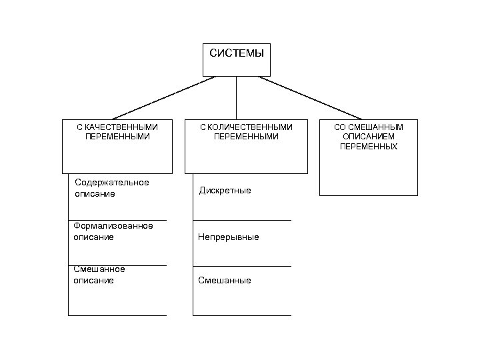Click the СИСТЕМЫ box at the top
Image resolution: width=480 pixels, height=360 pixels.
click(237, 60)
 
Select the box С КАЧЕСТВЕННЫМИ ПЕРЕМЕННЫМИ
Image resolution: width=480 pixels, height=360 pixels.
click(117, 147)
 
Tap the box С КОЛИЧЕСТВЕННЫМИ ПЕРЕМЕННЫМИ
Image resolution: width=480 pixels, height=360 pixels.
click(246, 147)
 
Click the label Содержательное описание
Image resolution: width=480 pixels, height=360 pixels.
click(111, 188)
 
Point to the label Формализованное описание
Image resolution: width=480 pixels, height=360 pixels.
click(113, 231)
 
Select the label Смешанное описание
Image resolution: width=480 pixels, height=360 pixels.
click(99, 275)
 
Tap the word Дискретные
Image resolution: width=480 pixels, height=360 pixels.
click(225, 191)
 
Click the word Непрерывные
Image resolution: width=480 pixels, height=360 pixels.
click(229, 237)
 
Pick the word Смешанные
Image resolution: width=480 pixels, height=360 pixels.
click(225, 281)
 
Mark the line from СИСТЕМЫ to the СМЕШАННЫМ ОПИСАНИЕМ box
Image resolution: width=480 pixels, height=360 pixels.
click(310, 97)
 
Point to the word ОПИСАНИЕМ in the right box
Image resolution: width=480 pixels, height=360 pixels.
click(368, 137)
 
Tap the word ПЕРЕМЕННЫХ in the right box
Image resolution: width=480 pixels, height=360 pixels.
click(368, 147)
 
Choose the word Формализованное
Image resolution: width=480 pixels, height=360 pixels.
click(113, 226)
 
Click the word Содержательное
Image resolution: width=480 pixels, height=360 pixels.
click(111, 183)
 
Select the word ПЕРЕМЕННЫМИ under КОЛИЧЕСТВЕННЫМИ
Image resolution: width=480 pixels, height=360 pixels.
click(246, 137)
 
